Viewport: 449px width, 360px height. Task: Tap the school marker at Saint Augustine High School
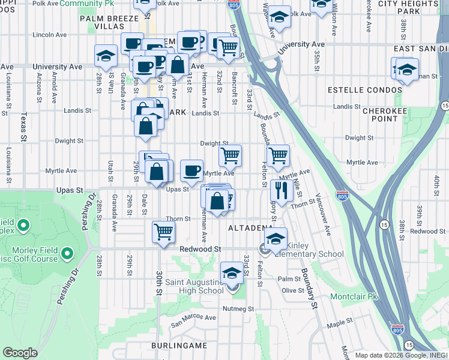[231, 273]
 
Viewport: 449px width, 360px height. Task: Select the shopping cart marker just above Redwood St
[163, 232]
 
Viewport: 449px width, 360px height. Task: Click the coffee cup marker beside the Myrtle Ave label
[191, 170]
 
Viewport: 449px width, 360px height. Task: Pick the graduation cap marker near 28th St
[106, 57]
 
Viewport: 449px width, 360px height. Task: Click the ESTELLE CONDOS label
[364, 90]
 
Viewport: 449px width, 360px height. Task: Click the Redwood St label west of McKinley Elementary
[201, 248]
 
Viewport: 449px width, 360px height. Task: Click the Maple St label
[340, 325]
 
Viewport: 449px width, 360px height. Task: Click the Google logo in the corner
[20, 352]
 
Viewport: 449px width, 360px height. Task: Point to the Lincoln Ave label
[49, 35]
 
